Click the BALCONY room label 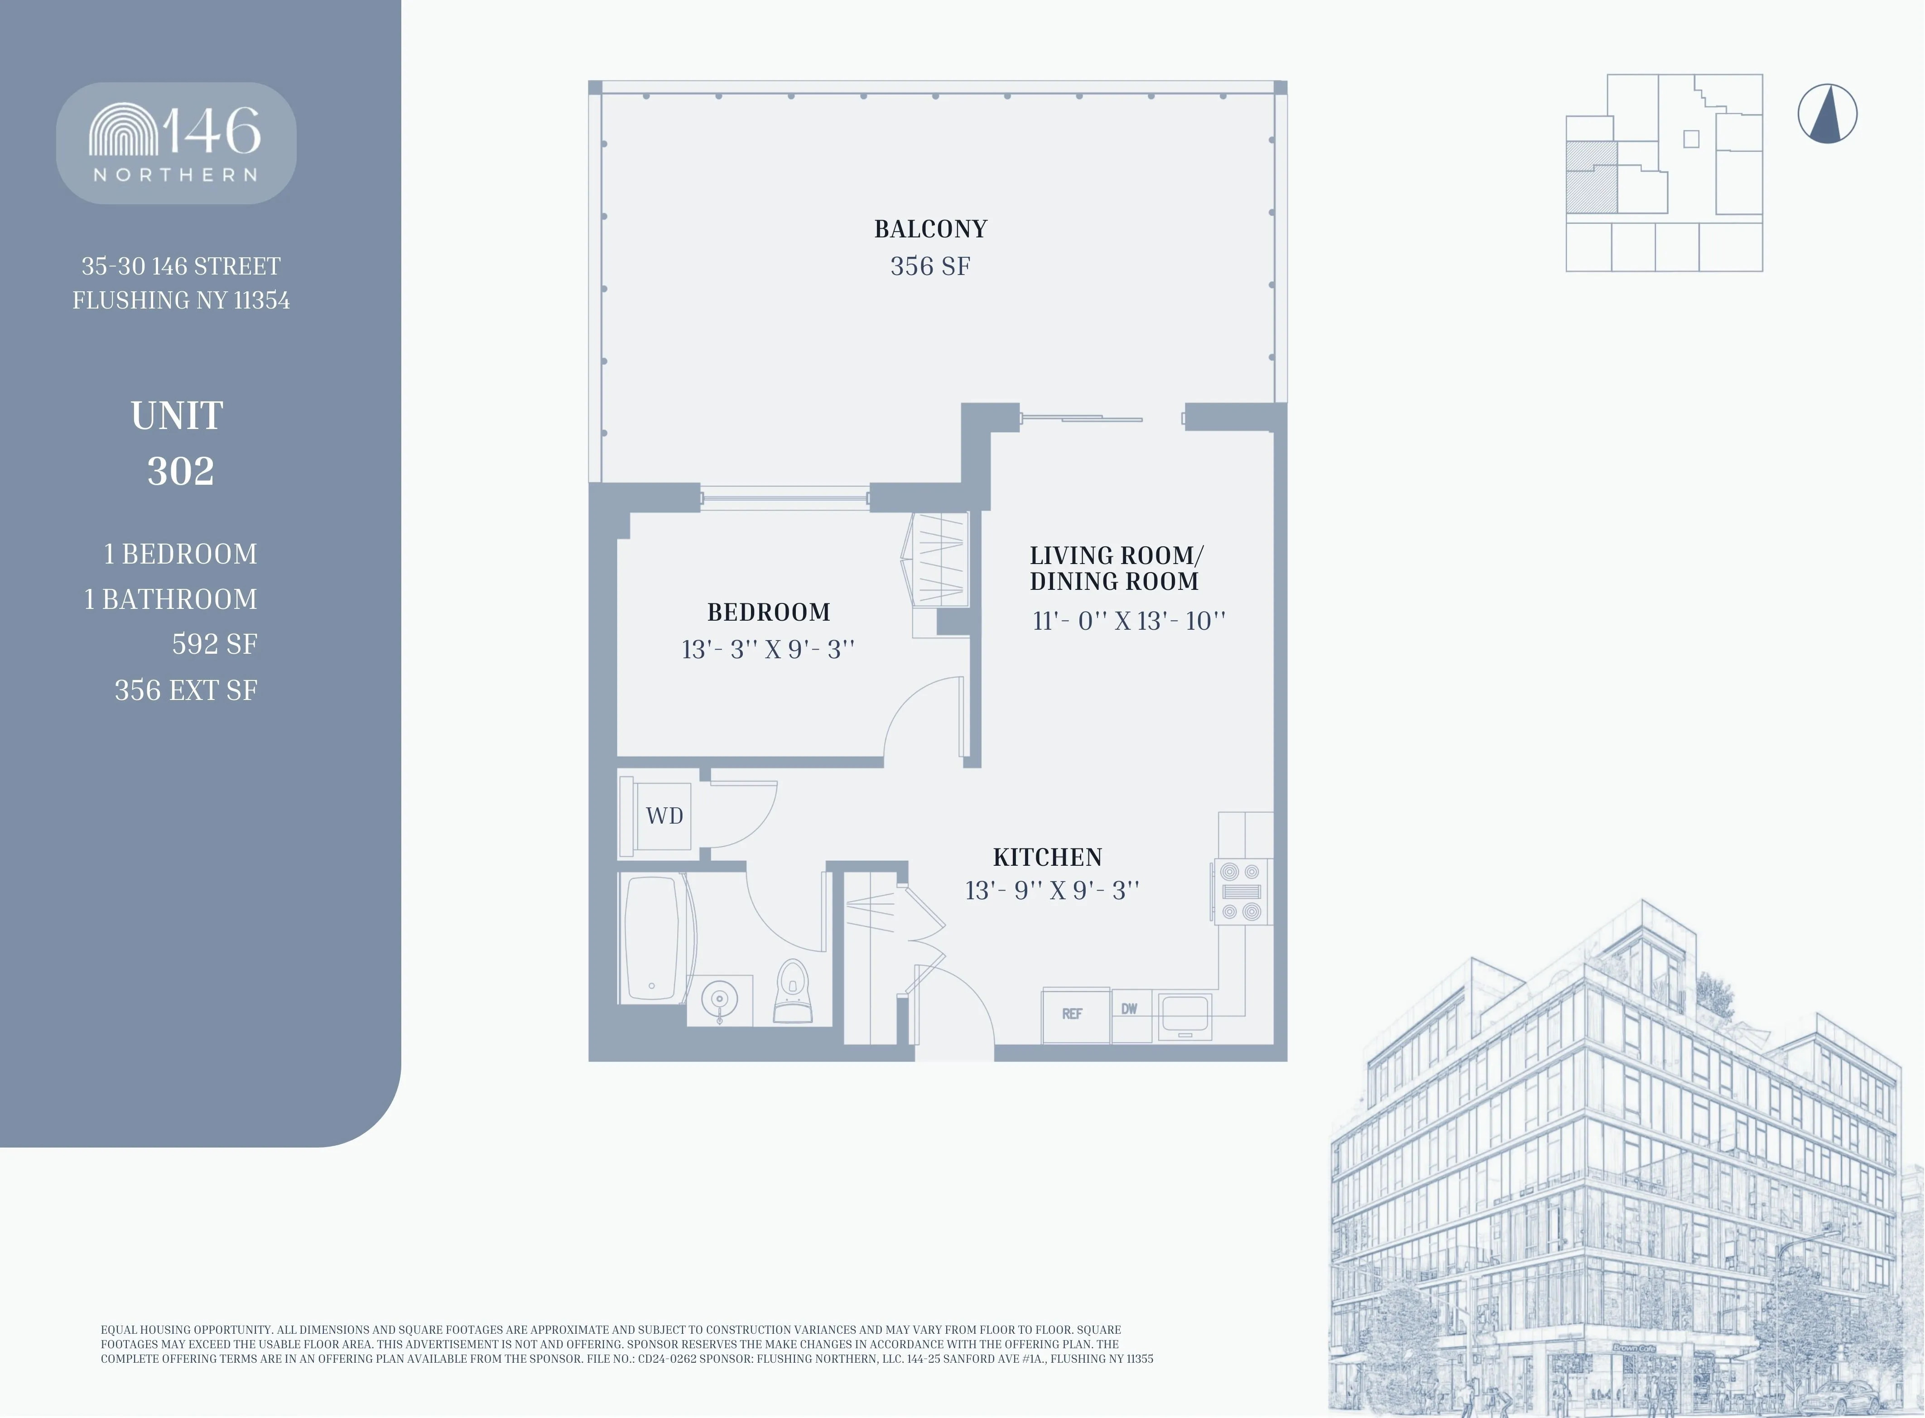(x=930, y=229)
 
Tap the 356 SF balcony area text (x=930, y=266)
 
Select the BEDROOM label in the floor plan (x=768, y=612)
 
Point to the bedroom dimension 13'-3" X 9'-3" (x=768, y=649)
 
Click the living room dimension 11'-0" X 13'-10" (x=1129, y=621)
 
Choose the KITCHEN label (x=1047, y=857)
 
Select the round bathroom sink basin (x=719, y=999)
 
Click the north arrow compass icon (x=1827, y=113)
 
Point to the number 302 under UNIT (x=180, y=470)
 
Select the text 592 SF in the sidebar (x=215, y=644)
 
